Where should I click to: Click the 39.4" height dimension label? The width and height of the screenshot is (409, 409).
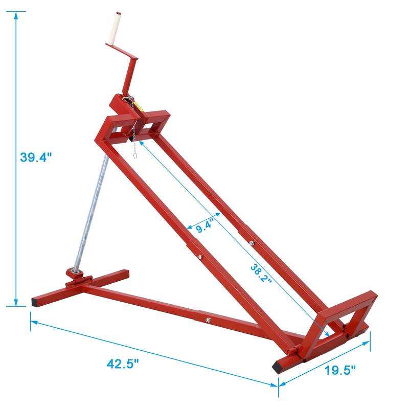[x=36, y=157]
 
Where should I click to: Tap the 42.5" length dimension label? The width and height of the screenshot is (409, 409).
[x=123, y=363]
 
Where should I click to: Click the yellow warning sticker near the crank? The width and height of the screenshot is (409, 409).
[x=138, y=106]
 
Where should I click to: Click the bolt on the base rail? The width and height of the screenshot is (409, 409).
[x=209, y=320]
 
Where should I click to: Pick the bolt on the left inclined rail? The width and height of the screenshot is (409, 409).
[x=200, y=257]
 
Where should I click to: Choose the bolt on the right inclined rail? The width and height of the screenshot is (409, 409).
[x=251, y=243]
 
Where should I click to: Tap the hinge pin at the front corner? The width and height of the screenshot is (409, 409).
[x=291, y=353]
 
